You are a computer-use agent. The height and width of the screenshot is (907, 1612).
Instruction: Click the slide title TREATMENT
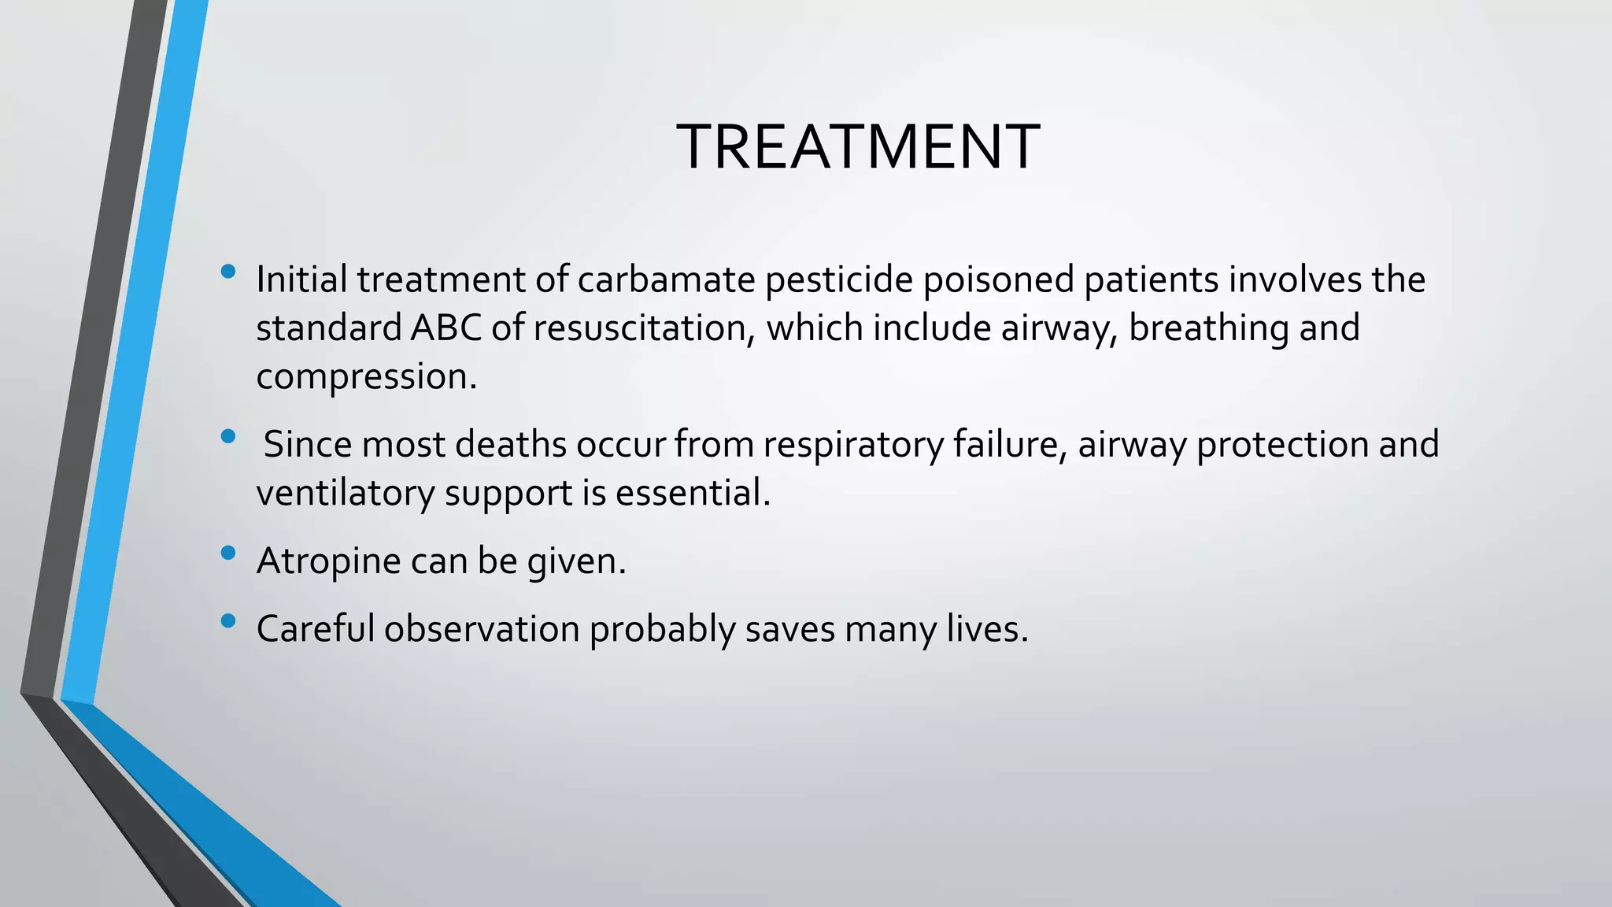tap(857, 147)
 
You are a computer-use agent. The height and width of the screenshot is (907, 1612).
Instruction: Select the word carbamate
tap(666, 280)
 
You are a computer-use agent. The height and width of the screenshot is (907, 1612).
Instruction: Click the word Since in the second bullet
tap(308, 445)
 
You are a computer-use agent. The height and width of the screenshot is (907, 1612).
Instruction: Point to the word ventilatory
tap(346, 494)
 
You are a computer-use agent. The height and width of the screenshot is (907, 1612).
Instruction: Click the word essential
tap(693, 494)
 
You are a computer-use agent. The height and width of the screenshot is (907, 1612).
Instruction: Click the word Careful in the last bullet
tap(316, 629)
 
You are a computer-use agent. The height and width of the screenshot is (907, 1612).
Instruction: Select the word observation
tap(482, 629)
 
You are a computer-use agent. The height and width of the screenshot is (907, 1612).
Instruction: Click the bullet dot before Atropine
tap(229, 553)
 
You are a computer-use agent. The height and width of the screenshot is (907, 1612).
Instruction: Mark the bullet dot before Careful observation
tap(229, 621)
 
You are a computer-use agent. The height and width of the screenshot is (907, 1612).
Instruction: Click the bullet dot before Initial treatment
tap(229, 272)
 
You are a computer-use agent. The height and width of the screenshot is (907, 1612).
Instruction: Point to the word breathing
tap(1209, 328)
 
